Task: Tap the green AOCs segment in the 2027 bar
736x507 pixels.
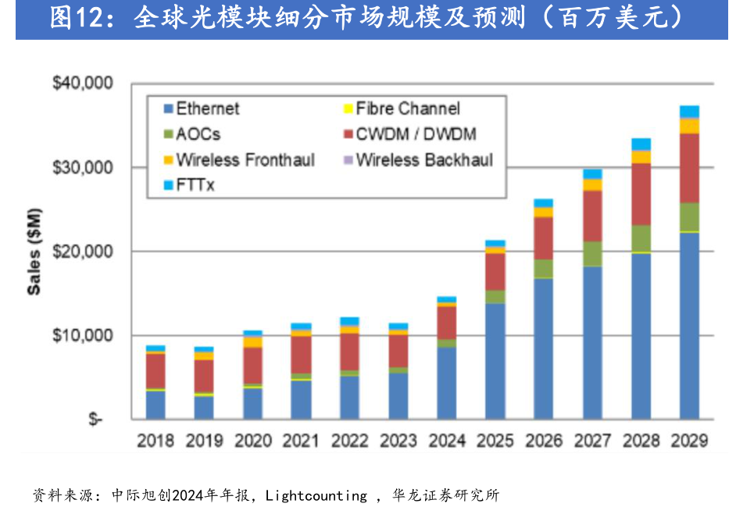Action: point(592,253)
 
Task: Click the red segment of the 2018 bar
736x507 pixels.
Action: point(155,370)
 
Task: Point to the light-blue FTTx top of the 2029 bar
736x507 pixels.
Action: point(688,112)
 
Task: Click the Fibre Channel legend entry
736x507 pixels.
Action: point(407,109)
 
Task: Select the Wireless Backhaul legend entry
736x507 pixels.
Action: point(423,160)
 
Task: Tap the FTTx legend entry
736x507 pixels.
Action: point(195,186)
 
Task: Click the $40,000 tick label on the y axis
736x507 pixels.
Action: point(82,83)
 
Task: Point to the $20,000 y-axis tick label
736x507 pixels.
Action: point(82,252)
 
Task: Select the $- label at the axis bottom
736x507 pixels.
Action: point(95,420)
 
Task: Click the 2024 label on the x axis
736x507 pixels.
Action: point(446,441)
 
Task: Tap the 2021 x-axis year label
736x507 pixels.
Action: point(301,441)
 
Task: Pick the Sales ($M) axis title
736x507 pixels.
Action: point(34,251)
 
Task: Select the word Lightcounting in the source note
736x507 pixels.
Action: point(316,495)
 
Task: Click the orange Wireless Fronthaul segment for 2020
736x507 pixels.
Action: point(252,341)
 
